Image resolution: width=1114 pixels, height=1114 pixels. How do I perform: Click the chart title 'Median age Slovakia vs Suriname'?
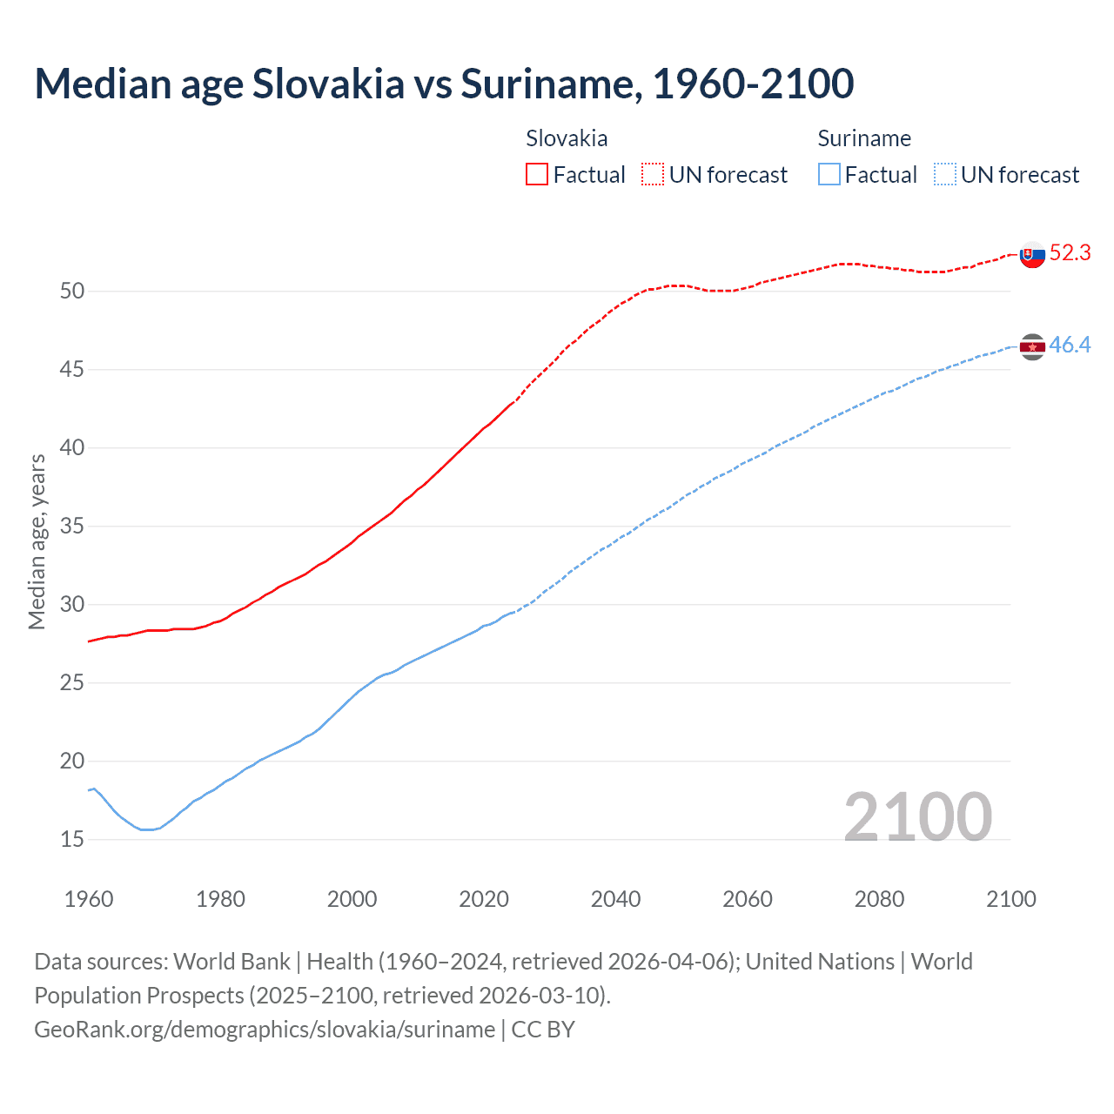point(444,84)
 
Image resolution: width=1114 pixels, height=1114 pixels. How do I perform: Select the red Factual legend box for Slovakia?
point(537,174)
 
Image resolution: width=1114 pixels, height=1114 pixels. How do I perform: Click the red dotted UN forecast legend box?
point(653,174)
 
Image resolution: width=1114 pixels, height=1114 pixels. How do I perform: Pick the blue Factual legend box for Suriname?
point(829,174)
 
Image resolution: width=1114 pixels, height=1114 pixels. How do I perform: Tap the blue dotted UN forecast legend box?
point(945,174)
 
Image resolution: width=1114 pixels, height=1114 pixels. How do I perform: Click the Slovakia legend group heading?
point(567,138)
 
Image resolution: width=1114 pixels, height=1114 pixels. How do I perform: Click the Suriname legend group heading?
point(864,138)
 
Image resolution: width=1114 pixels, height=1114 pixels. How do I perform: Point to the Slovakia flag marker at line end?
point(1032,255)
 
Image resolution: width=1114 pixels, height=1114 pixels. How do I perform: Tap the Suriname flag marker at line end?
point(1032,347)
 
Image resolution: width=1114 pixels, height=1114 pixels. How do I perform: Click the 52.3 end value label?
point(1070,252)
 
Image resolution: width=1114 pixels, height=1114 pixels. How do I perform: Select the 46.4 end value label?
point(1070,346)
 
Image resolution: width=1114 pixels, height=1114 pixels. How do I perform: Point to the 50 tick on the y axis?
point(72,291)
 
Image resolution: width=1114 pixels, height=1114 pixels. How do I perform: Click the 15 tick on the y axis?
point(72,840)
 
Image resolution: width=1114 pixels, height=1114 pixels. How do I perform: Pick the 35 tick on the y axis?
point(72,527)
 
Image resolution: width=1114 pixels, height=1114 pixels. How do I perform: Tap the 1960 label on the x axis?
point(89,899)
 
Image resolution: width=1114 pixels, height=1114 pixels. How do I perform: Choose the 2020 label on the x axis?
point(484,899)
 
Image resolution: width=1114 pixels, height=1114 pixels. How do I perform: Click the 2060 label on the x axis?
point(748,899)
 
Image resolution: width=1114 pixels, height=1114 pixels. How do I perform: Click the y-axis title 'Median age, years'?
point(37,541)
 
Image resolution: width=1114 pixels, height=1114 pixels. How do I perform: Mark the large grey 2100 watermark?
point(918,817)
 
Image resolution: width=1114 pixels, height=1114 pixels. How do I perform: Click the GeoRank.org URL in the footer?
point(265,1030)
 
